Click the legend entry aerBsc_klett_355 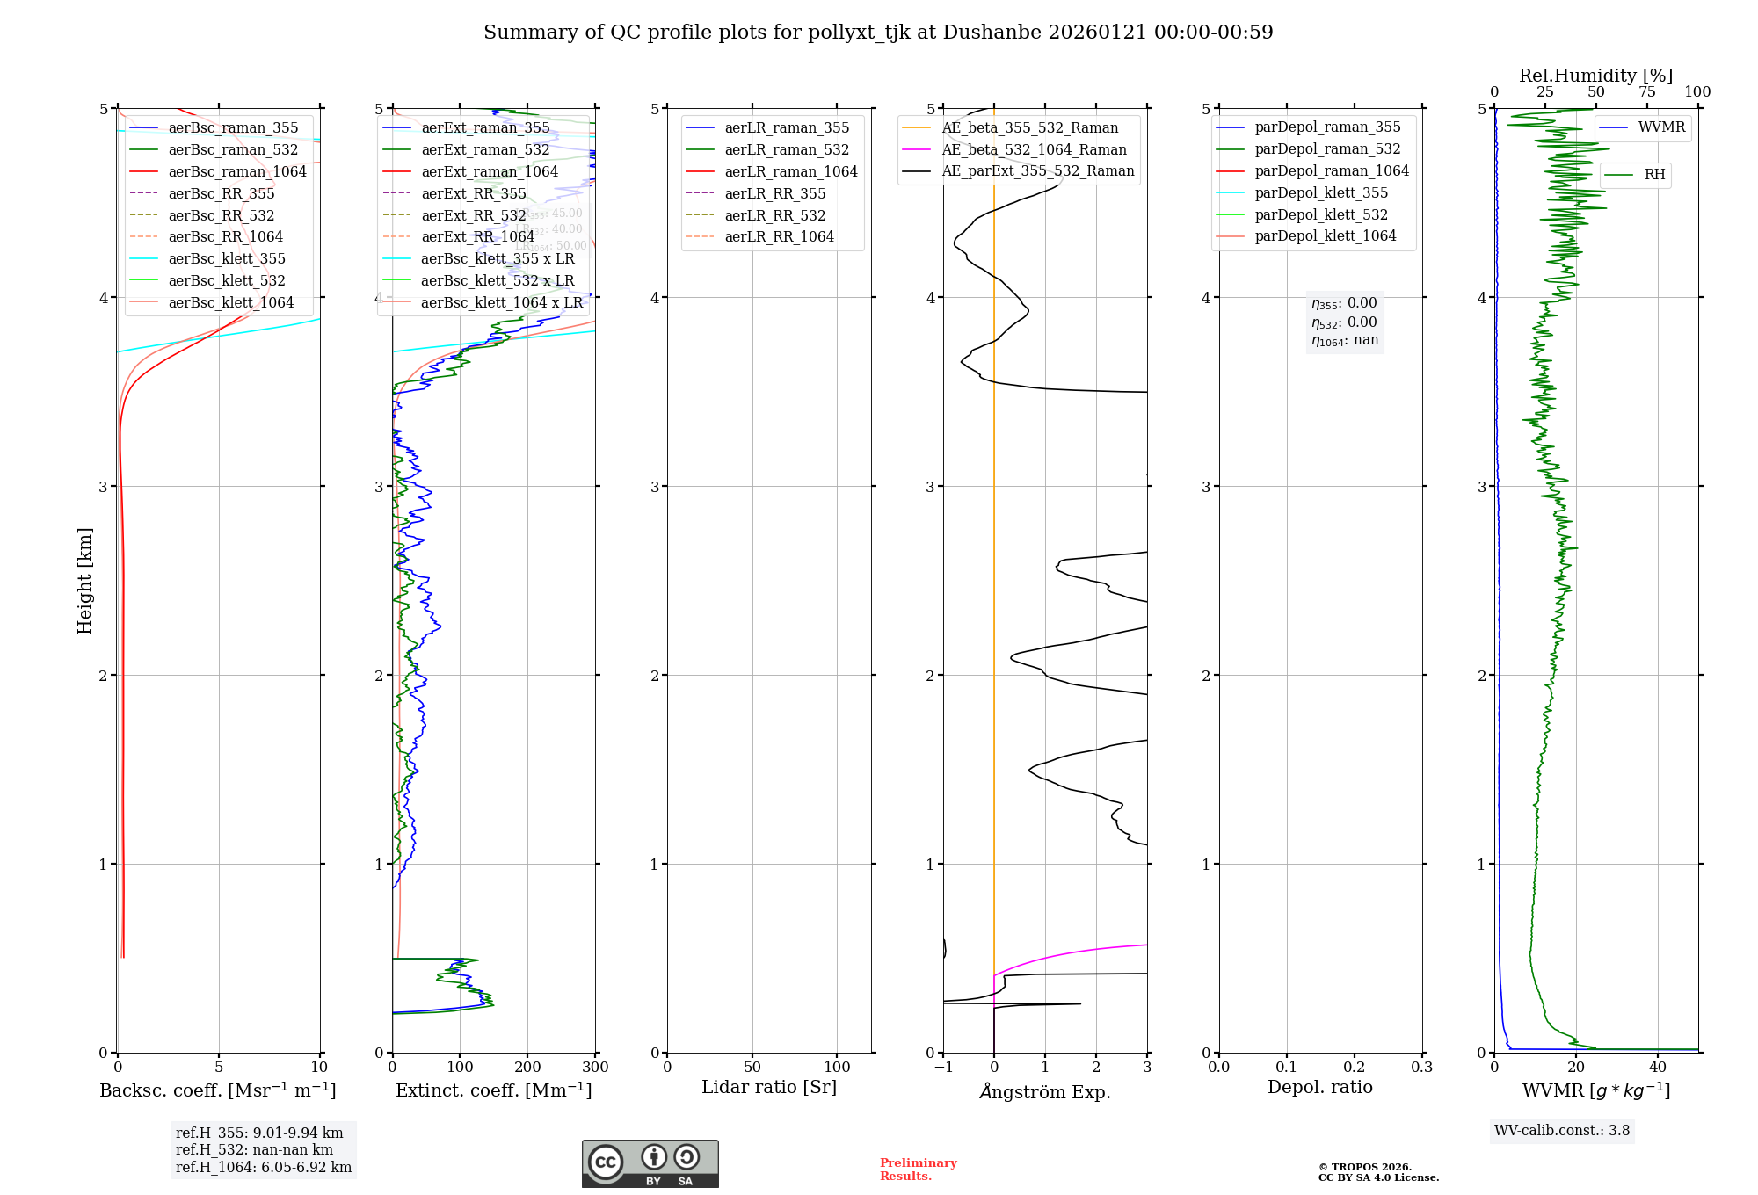point(227,258)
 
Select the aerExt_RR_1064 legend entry point(477,236)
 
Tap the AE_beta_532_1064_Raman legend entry point(1034,149)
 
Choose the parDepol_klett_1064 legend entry point(1325,235)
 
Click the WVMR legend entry point(1661,127)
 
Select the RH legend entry point(1654,175)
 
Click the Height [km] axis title point(84,581)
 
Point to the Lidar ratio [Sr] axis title point(769,1087)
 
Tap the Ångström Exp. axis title point(1045,1091)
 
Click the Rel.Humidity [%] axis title point(1595,76)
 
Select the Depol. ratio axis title point(1319,1087)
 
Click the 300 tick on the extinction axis point(595,1067)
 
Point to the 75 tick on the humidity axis point(1646,92)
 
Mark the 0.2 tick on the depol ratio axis point(1355,1067)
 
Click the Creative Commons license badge point(650,1164)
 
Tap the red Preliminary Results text point(918,1170)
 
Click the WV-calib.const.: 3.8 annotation point(1562,1131)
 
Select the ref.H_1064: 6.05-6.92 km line point(263,1168)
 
